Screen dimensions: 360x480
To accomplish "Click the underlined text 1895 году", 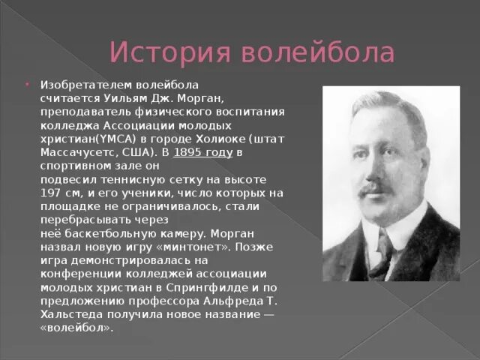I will [203, 152].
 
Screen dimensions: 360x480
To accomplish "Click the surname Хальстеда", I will [71, 314].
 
